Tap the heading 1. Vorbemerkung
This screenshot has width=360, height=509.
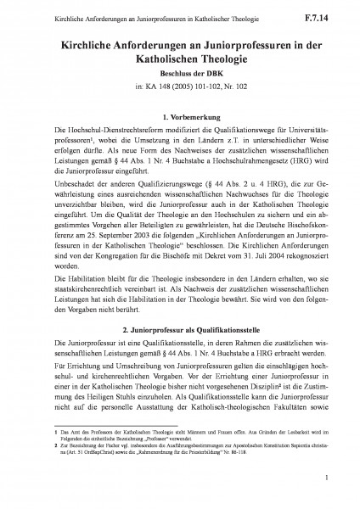pyautogui.click(x=180, y=114)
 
